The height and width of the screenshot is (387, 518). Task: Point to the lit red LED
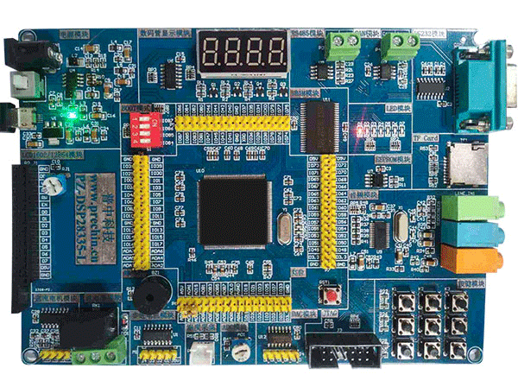click(x=357, y=133)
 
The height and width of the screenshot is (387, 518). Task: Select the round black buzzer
click(x=148, y=295)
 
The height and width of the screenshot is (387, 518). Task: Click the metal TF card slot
click(x=464, y=164)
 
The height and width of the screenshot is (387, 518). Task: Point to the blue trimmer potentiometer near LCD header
click(x=58, y=184)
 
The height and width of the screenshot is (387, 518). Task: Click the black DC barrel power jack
click(x=24, y=55)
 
